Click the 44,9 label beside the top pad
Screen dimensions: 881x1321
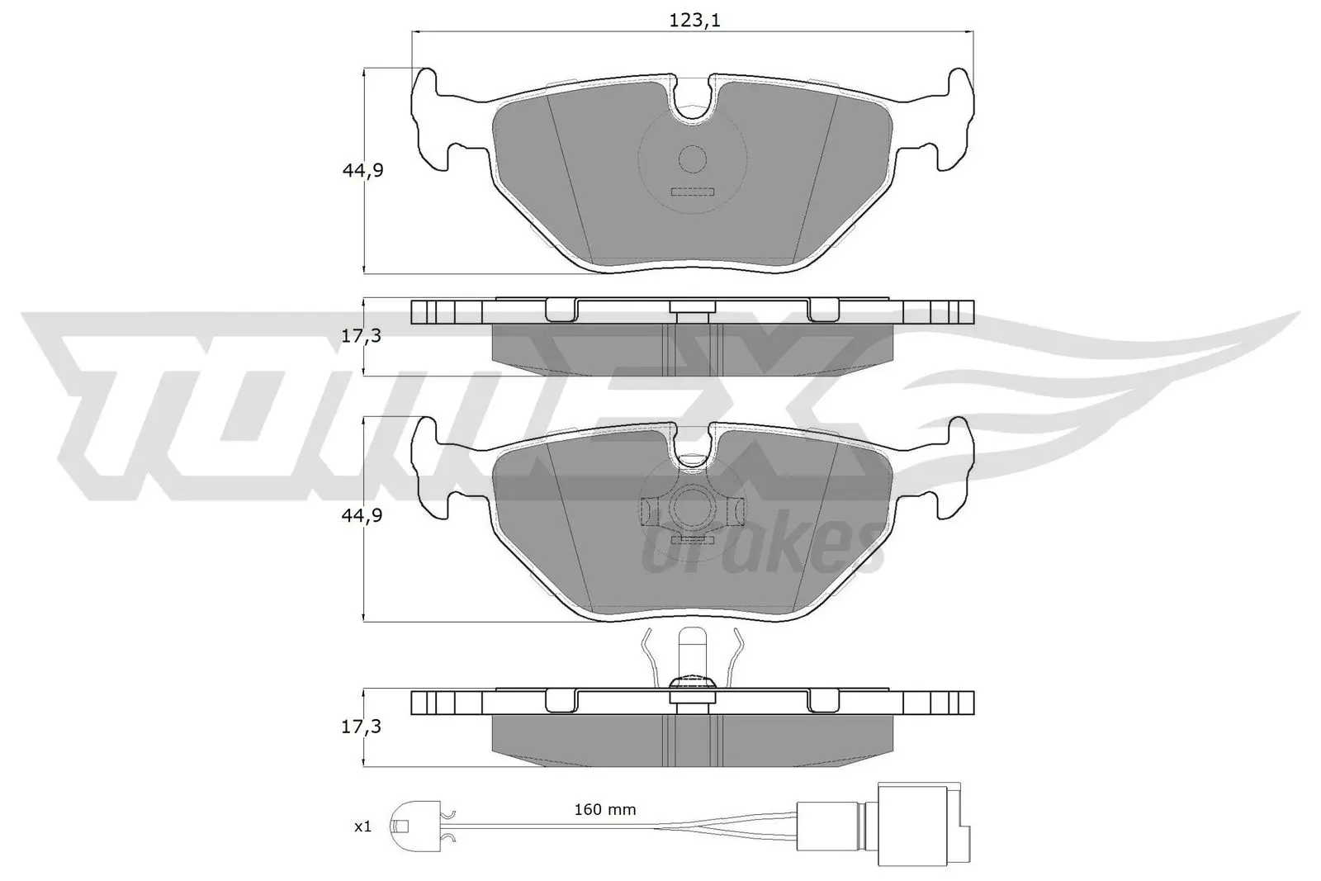click(362, 170)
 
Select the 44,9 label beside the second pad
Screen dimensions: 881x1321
click(362, 515)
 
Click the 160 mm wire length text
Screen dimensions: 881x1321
click(605, 809)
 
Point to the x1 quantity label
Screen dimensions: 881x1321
click(362, 827)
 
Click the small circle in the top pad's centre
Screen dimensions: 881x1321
click(693, 159)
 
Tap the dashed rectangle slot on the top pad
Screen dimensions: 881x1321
click(692, 192)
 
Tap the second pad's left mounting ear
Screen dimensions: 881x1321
click(433, 469)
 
